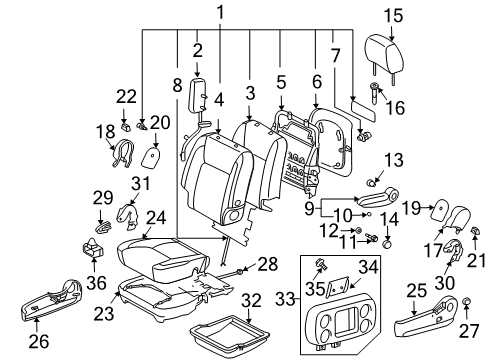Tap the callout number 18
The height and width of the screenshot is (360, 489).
tap(105, 132)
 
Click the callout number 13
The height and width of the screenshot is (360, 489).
tap(393, 159)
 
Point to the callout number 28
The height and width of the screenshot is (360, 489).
tap(267, 262)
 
